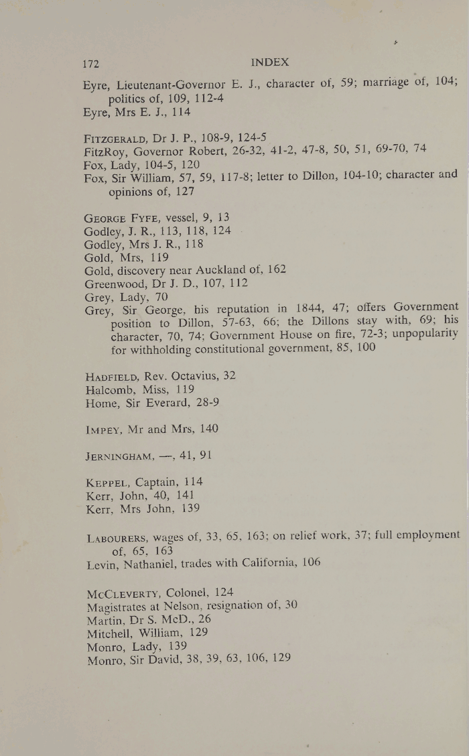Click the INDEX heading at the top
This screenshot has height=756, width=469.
pyautogui.click(x=270, y=62)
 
